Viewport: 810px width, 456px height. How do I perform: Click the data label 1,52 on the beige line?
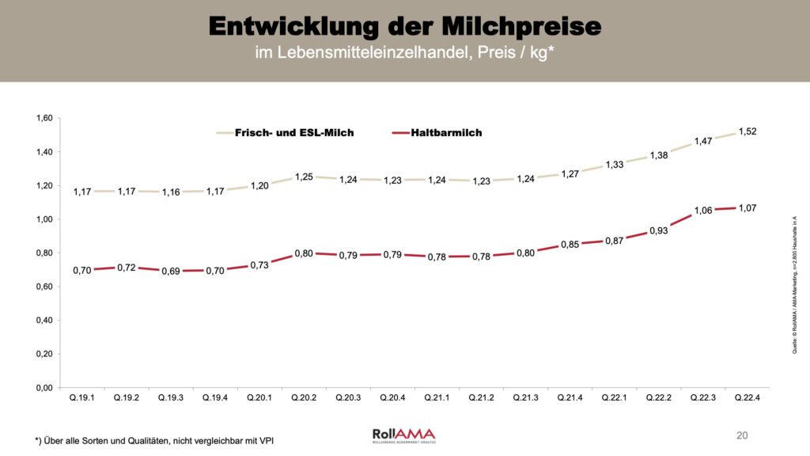point(747,131)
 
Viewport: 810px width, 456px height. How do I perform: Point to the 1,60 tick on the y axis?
point(44,118)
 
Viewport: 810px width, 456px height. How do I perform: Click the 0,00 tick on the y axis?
point(44,387)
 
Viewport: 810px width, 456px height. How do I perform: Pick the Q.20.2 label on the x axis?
point(304,397)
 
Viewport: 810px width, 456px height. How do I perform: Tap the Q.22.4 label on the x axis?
point(747,397)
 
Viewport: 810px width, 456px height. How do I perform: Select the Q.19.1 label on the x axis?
point(82,397)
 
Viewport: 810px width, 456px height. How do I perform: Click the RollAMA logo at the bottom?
point(403,435)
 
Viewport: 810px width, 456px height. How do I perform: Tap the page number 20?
point(741,435)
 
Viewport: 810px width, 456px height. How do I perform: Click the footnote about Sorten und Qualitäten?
point(158,439)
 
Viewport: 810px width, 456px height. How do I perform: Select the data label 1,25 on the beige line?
point(304,177)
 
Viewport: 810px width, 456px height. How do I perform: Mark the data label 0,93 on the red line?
point(658,230)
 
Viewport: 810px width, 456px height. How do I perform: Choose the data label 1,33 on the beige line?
point(614,165)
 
